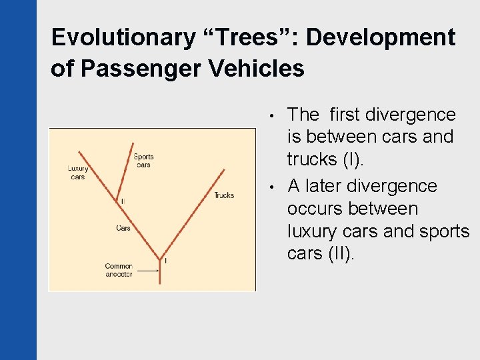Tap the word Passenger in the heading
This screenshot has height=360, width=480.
pyautogui.click(x=133, y=69)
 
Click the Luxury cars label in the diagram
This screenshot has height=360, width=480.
pyautogui.click(x=78, y=173)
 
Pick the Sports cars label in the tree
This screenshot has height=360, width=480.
pyautogui.click(x=143, y=161)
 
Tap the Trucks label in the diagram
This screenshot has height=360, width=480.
pyautogui.click(x=224, y=195)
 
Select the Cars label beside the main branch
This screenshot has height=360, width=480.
pyautogui.click(x=123, y=228)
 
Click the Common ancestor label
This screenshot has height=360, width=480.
pyautogui.click(x=119, y=270)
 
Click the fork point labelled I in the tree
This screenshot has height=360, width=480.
pyautogui.click(x=160, y=258)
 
